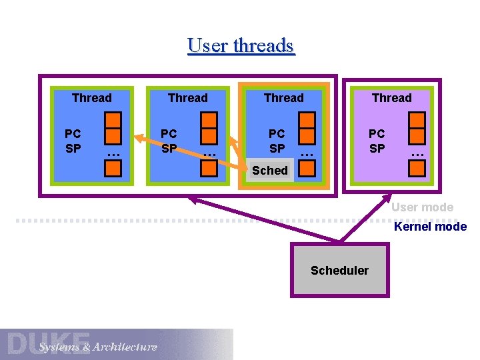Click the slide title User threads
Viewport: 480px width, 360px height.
tap(241, 45)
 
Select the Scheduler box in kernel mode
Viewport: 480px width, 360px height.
tap(339, 270)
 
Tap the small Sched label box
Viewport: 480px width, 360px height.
tap(270, 170)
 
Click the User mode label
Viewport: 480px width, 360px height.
tap(422, 207)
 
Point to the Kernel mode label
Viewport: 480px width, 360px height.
tap(430, 227)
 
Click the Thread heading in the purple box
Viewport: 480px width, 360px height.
tap(391, 98)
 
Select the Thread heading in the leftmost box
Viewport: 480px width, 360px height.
tap(92, 98)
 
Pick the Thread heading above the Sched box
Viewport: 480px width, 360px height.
tap(283, 98)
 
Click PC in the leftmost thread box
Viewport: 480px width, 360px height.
tap(73, 134)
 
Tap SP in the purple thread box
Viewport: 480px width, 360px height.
tap(377, 148)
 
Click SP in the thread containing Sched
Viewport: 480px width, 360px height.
tap(277, 148)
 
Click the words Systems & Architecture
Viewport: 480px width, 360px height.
tap(97, 347)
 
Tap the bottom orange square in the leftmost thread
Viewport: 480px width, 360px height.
tap(114, 169)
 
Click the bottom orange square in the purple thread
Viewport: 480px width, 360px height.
tap(418, 168)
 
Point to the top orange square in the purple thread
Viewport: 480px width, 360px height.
tap(418, 121)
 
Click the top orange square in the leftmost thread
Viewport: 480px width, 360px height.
tap(114, 121)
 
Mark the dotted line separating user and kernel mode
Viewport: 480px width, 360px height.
tap(200, 219)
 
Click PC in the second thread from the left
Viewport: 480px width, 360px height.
tap(169, 134)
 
